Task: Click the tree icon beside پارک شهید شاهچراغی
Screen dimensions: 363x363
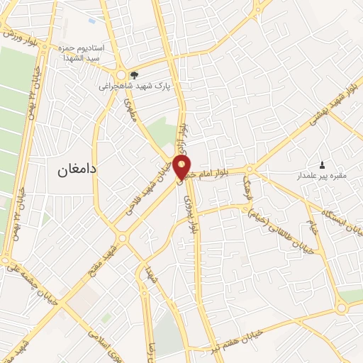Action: [x=134, y=74]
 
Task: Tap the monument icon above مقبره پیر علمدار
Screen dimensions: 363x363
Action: [x=323, y=164]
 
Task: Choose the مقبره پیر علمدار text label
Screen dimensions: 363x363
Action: [x=323, y=174]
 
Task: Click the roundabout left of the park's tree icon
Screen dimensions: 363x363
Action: [x=121, y=75]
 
